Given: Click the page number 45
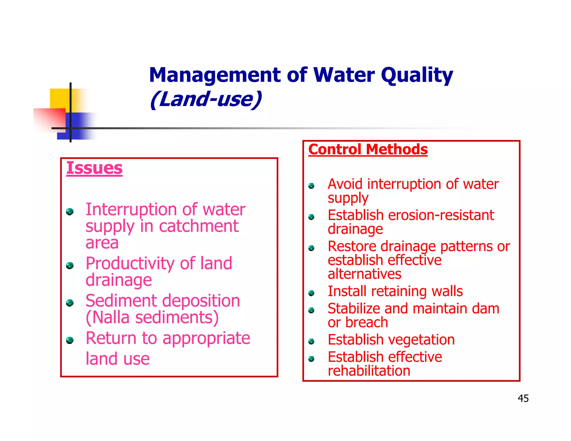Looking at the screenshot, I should coord(523,398).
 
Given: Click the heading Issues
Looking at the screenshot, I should coord(94,168).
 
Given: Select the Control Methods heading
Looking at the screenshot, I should coord(368,149).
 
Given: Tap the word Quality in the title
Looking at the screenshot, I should coord(417,75).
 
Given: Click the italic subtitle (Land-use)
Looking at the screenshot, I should coord(206,99).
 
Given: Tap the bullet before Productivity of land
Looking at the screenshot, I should coord(70,265).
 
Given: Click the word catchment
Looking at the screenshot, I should coord(199,226).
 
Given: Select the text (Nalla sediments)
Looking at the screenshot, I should coord(152,318).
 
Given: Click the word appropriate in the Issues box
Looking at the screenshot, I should coord(206,338).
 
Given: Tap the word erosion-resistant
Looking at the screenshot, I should coord(441,215).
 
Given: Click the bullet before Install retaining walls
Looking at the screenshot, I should coord(311,293).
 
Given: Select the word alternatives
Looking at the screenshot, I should coord(364,274).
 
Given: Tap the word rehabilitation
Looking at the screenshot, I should coord(369,371).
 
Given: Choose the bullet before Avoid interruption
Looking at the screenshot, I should coord(311,186).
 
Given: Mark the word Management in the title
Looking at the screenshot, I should coord(215,75).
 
